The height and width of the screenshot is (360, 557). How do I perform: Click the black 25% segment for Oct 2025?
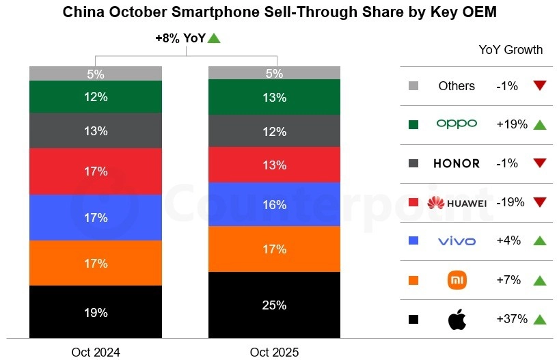(x=274, y=305)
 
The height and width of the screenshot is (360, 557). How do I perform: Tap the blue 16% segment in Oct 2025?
(x=274, y=204)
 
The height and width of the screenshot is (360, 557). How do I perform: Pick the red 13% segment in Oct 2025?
(x=274, y=165)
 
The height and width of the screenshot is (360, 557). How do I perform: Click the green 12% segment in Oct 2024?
(x=96, y=97)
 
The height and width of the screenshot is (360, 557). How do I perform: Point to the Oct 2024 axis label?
(x=96, y=352)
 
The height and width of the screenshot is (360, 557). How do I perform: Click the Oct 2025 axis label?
(x=274, y=352)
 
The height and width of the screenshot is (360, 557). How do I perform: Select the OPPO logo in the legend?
(x=457, y=124)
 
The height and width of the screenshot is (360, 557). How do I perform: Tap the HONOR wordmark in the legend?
(x=457, y=164)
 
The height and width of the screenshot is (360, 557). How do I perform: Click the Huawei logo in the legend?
(x=457, y=203)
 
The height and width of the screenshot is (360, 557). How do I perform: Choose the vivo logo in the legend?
(x=457, y=241)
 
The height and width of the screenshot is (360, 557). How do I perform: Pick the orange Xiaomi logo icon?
(x=457, y=280)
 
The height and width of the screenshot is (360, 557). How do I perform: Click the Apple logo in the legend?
(x=457, y=319)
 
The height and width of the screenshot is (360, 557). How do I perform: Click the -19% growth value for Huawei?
(x=511, y=203)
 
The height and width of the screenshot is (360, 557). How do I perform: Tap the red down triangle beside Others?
(x=540, y=86)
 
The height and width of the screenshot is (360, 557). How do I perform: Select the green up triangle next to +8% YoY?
(x=214, y=39)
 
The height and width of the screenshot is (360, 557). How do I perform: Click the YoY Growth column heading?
(x=511, y=50)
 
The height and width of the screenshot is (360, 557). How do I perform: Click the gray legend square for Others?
(x=413, y=86)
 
